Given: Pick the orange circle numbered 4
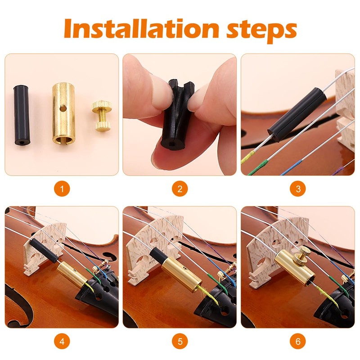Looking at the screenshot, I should (62, 341).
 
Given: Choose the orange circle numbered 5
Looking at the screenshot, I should (180, 341).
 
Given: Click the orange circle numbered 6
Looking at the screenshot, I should (297, 341).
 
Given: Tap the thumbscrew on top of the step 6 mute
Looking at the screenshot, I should (304, 255).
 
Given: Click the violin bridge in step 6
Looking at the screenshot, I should (270, 243).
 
